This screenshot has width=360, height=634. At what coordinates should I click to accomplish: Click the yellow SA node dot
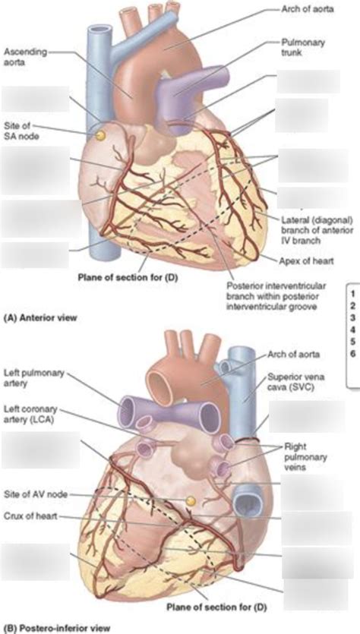point(100,136)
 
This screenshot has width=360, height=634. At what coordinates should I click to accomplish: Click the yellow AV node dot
point(191,501)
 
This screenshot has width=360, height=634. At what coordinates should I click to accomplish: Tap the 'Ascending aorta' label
point(25,56)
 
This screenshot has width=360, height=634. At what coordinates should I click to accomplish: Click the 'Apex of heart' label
point(306,260)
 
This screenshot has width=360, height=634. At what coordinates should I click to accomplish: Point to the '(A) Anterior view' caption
point(39,318)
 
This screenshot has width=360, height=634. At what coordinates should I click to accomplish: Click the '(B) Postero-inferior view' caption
point(56,629)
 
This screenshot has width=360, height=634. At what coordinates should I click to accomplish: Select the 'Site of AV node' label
point(36,494)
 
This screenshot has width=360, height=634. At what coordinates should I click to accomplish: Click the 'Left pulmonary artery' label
point(33,377)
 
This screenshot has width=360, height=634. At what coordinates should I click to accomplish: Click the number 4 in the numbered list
point(352,329)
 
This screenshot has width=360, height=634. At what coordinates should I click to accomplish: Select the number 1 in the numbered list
point(352,292)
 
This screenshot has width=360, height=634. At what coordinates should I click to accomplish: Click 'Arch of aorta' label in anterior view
point(308,9)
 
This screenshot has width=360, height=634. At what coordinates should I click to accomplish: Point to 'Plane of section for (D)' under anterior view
point(128,278)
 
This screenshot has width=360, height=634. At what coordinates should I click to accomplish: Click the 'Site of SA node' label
point(21,131)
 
